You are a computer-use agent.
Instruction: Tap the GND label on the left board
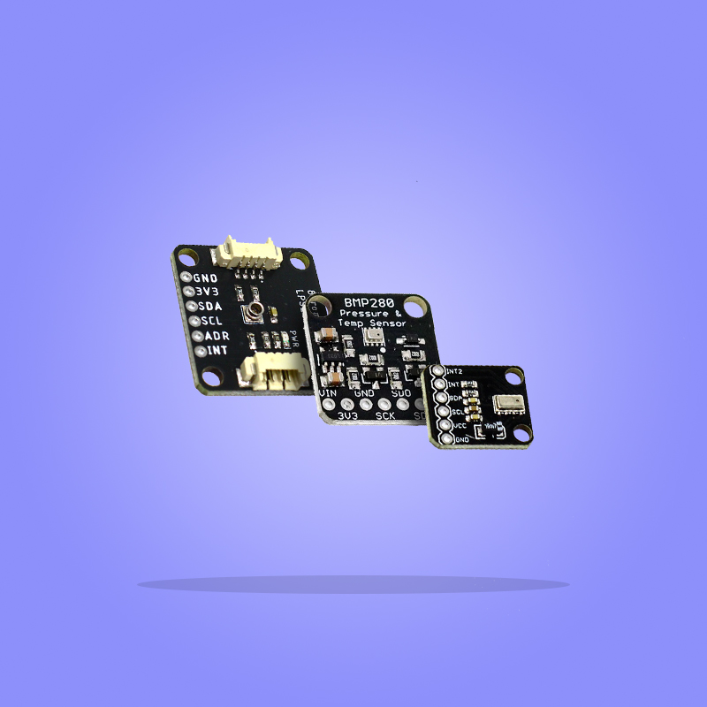click(x=205, y=277)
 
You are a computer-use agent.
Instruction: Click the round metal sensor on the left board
click(x=255, y=309)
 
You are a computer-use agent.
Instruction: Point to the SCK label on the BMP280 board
click(x=385, y=414)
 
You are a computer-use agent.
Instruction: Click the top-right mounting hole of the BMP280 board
click(x=422, y=308)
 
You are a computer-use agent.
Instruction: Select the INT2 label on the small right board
click(x=457, y=371)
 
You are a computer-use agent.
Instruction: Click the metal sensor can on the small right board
click(x=507, y=404)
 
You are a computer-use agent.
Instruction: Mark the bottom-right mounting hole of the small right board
click(x=522, y=432)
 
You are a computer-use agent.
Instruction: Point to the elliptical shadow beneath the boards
click(x=353, y=584)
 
